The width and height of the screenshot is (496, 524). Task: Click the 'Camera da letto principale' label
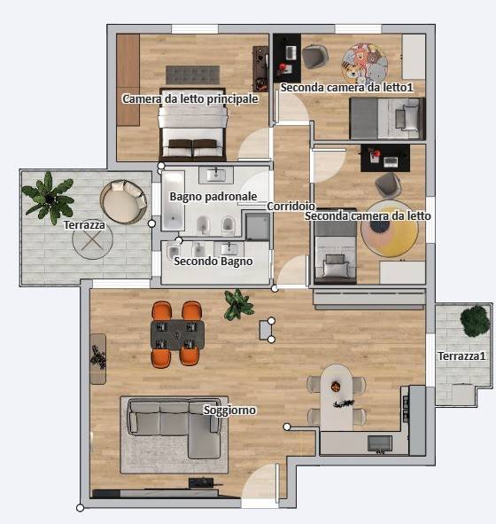190,99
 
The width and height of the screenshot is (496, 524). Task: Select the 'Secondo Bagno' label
213,262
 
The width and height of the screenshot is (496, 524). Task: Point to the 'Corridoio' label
291,207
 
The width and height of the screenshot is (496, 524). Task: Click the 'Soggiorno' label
230,410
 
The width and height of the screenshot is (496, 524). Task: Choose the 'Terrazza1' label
462,356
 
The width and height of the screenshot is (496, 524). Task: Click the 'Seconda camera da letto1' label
347,88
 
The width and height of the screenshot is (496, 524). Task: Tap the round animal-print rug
366,63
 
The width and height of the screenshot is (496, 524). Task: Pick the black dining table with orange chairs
177,334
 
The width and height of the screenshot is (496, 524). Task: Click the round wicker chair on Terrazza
124,200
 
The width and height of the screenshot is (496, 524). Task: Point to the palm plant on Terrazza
49,197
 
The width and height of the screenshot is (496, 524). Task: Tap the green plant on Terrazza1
476,320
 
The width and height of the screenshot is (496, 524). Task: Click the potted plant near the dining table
237,305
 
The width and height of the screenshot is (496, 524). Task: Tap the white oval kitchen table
337,395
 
